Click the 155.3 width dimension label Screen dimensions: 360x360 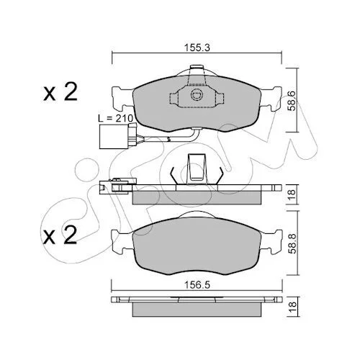pyautogui.click(x=197, y=48)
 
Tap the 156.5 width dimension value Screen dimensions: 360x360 pyautogui.click(x=197, y=285)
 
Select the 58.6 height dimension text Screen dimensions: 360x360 pyautogui.click(x=292, y=101)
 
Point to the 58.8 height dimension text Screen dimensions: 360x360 pyautogui.click(x=292, y=244)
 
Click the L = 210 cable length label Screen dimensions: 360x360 pyautogui.click(x=116, y=118)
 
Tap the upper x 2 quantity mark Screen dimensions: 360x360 pyautogui.click(x=60, y=91)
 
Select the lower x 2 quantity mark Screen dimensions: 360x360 pyautogui.click(x=60, y=235)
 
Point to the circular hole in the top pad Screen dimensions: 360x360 pyautogui.click(x=197, y=95)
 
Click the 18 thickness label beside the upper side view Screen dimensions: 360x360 pyautogui.click(x=292, y=194)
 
